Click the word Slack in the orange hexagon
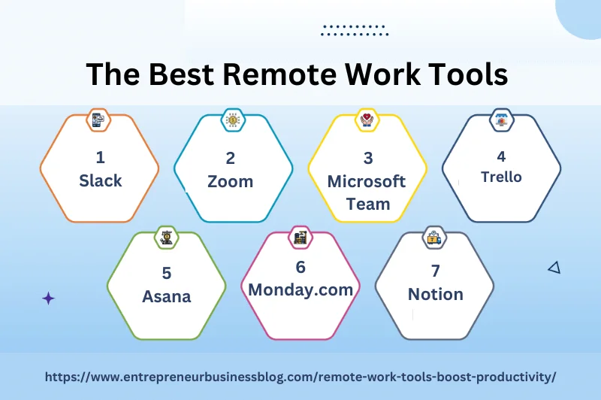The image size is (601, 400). [100, 181]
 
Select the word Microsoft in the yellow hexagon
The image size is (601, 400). [367, 181]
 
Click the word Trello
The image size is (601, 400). [501, 177]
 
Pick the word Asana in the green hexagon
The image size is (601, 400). [167, 296]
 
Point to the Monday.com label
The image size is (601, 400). [300, 289]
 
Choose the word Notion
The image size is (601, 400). [436, 294]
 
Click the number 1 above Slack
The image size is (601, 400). [100, 158]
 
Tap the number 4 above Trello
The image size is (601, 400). [501, 156]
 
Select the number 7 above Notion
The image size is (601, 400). [436, 271]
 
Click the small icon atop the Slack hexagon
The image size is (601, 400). [99, 120]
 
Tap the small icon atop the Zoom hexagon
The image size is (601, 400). [233, 120]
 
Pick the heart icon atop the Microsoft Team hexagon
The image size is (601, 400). [367, 120]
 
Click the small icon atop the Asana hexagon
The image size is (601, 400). [166, 238]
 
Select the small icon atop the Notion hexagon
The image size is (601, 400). [434, 238]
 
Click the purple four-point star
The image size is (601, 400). [48, 298]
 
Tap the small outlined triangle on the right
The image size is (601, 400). [554, 267]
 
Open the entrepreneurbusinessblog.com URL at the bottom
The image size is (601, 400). [300, 376]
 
